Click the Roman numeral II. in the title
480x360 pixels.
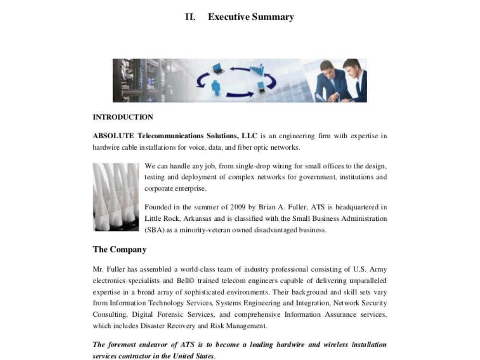[x=190, y=17]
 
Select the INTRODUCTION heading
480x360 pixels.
[x=123, y=117]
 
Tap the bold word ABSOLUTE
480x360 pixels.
[x=113, y=136]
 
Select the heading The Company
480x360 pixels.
[x=120, y=250]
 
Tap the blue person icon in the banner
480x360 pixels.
[x=216, y=87]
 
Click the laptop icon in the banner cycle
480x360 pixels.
[x=217, y=68]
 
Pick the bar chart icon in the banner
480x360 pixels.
[x=257, y=70]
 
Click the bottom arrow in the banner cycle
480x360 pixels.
[x=240, y=95]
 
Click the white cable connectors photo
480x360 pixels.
[x=116, y=197]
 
